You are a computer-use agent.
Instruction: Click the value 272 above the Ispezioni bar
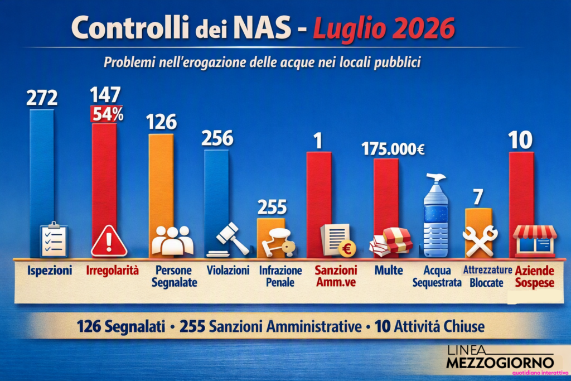[42, 98]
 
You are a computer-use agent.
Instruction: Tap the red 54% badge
[107, 114]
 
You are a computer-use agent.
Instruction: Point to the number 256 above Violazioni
[217, 138]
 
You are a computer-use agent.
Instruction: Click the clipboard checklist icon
[54, 239]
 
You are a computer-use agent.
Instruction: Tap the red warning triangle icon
[109, 241]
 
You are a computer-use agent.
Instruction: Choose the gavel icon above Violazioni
[229, 239]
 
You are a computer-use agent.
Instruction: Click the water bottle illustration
[436, 215]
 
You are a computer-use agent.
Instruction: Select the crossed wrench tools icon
[480, 241]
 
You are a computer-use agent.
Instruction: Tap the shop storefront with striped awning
[535, 240]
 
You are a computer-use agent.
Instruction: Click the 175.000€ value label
[393, 149]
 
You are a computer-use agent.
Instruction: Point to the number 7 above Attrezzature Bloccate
[478, 197]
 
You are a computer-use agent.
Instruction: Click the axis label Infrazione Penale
[280, 276]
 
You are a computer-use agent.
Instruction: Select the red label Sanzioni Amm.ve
[336, 276]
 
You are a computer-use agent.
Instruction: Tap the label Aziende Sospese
[535, 277]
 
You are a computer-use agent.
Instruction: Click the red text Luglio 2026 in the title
[384, 28]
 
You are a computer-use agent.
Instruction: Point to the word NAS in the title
[262, 28]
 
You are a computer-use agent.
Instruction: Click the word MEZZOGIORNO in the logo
[500, 363]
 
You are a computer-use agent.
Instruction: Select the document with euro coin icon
[338, 240]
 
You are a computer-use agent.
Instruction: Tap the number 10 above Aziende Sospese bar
[520, 140]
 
